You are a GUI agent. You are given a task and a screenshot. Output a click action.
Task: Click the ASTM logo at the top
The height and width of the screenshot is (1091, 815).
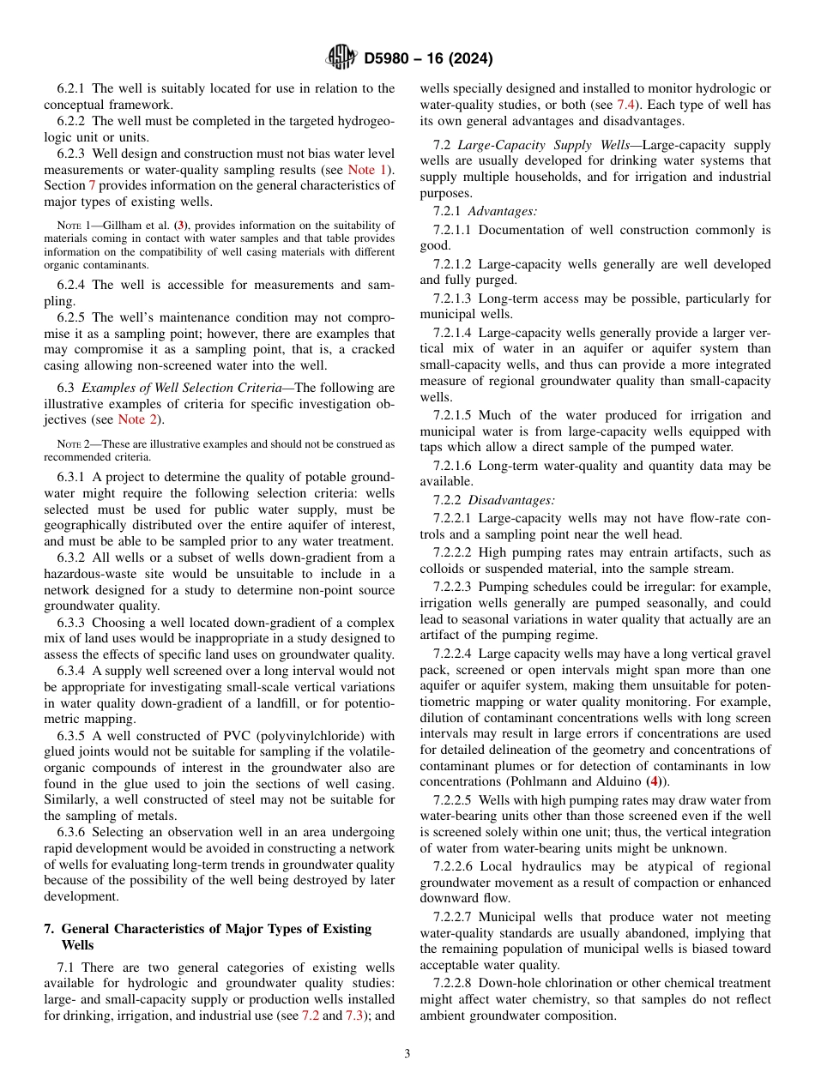click(341, 57)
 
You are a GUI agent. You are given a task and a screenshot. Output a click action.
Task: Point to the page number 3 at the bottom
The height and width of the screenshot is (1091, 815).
click(407, 1053)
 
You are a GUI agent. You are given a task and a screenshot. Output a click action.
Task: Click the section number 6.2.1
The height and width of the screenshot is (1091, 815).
click(71, 88)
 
